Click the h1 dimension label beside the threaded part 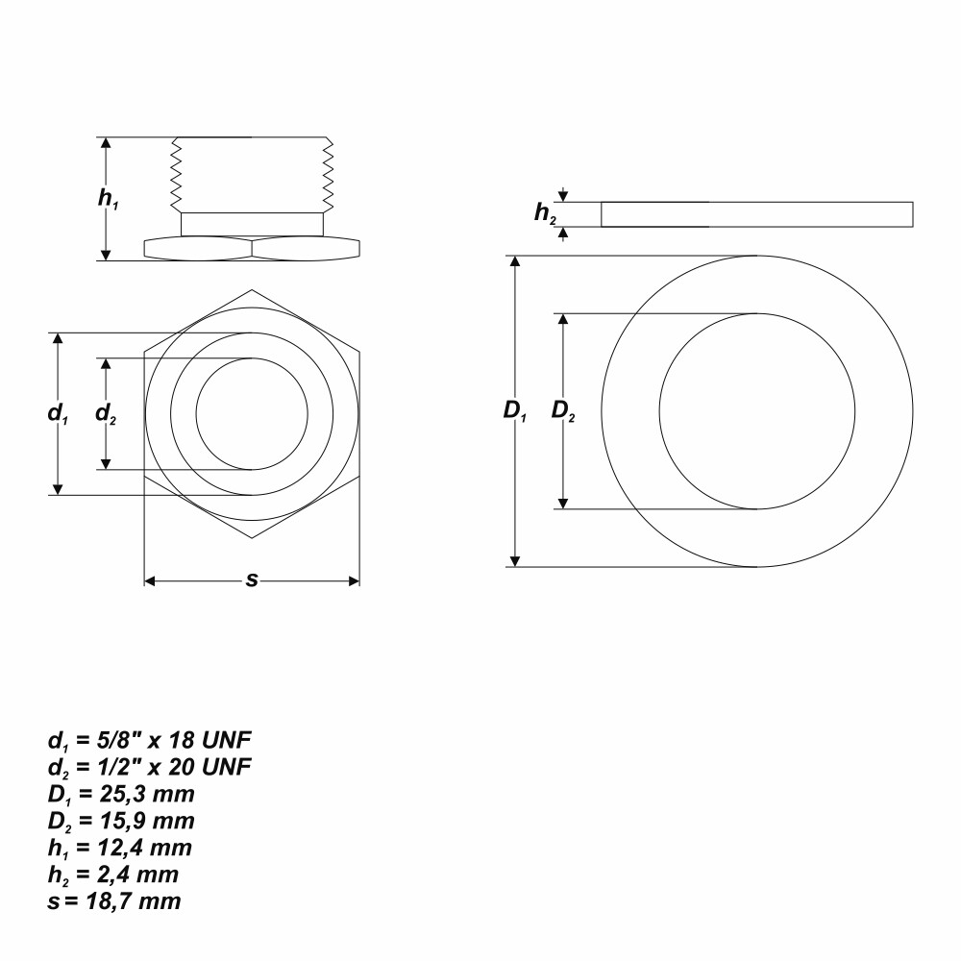coord(108,199)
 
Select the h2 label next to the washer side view coord(545,212)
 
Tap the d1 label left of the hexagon coord(58,413)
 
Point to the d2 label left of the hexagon coord(106,413)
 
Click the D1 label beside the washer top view coord(515,410)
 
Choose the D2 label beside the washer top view coord(563,410)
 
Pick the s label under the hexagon coord(251,579)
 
